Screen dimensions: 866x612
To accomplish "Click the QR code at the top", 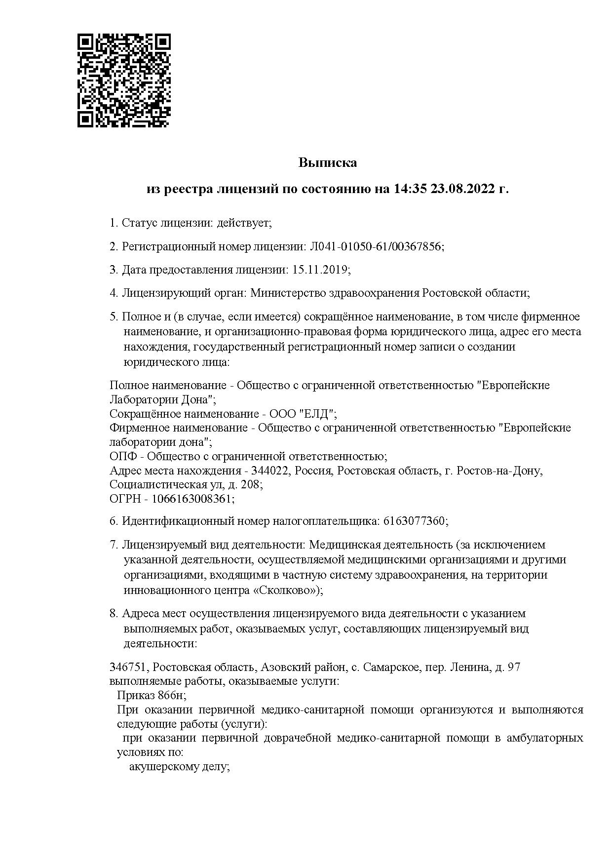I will click(x=124, y=80).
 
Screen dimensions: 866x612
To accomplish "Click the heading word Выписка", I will click(x=327, y=162).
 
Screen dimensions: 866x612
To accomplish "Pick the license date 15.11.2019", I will click(x=320, y=270).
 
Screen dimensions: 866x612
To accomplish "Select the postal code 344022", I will click(x=270, y=471).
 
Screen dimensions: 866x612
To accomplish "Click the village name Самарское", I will click(x=389, y=668).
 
